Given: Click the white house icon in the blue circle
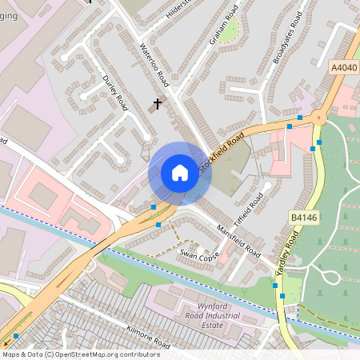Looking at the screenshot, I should pos(179,173).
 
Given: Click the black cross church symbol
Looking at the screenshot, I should pos(157,103).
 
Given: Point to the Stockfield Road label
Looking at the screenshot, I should pos(221,150).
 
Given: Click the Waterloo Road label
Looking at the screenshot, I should pos(155,64).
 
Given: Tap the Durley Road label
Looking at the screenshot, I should pos(116,93).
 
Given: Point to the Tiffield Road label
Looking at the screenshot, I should pos(249,210).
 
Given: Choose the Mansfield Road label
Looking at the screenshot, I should pos(238,240).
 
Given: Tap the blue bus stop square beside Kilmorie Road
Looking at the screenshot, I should pos(16,337).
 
